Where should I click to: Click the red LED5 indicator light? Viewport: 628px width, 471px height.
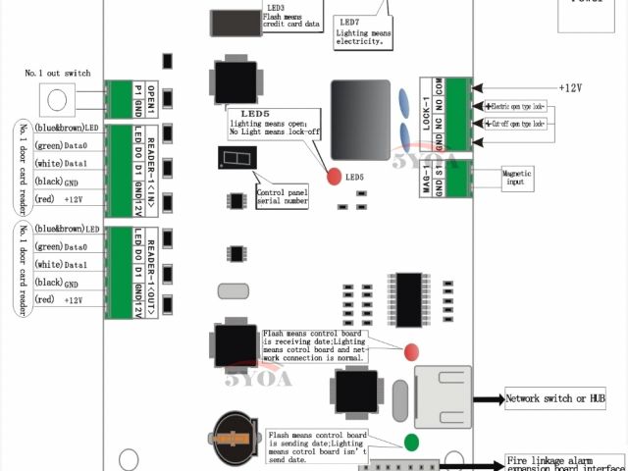tap(335, 178)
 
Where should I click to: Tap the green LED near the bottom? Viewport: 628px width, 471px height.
tap(412, 442)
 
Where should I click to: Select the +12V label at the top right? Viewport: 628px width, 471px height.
tap(570, 87)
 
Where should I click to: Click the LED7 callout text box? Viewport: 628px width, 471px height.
tap(363, 29)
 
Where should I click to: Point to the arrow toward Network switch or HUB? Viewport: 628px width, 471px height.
tap(487, 400)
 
